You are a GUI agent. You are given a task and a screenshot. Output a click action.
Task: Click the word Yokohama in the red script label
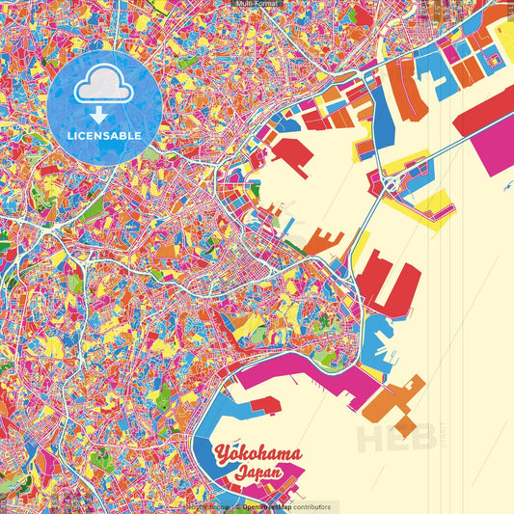[x=257, y=453]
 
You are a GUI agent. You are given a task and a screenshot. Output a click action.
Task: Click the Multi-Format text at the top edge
[x=257, y=4]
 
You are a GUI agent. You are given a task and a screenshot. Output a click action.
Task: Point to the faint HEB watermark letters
[x=396, y=438]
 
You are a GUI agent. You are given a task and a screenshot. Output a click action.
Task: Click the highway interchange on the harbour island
[x=393, y=182]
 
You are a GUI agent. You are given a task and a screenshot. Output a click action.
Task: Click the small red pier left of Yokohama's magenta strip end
[x=267, y=404]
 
